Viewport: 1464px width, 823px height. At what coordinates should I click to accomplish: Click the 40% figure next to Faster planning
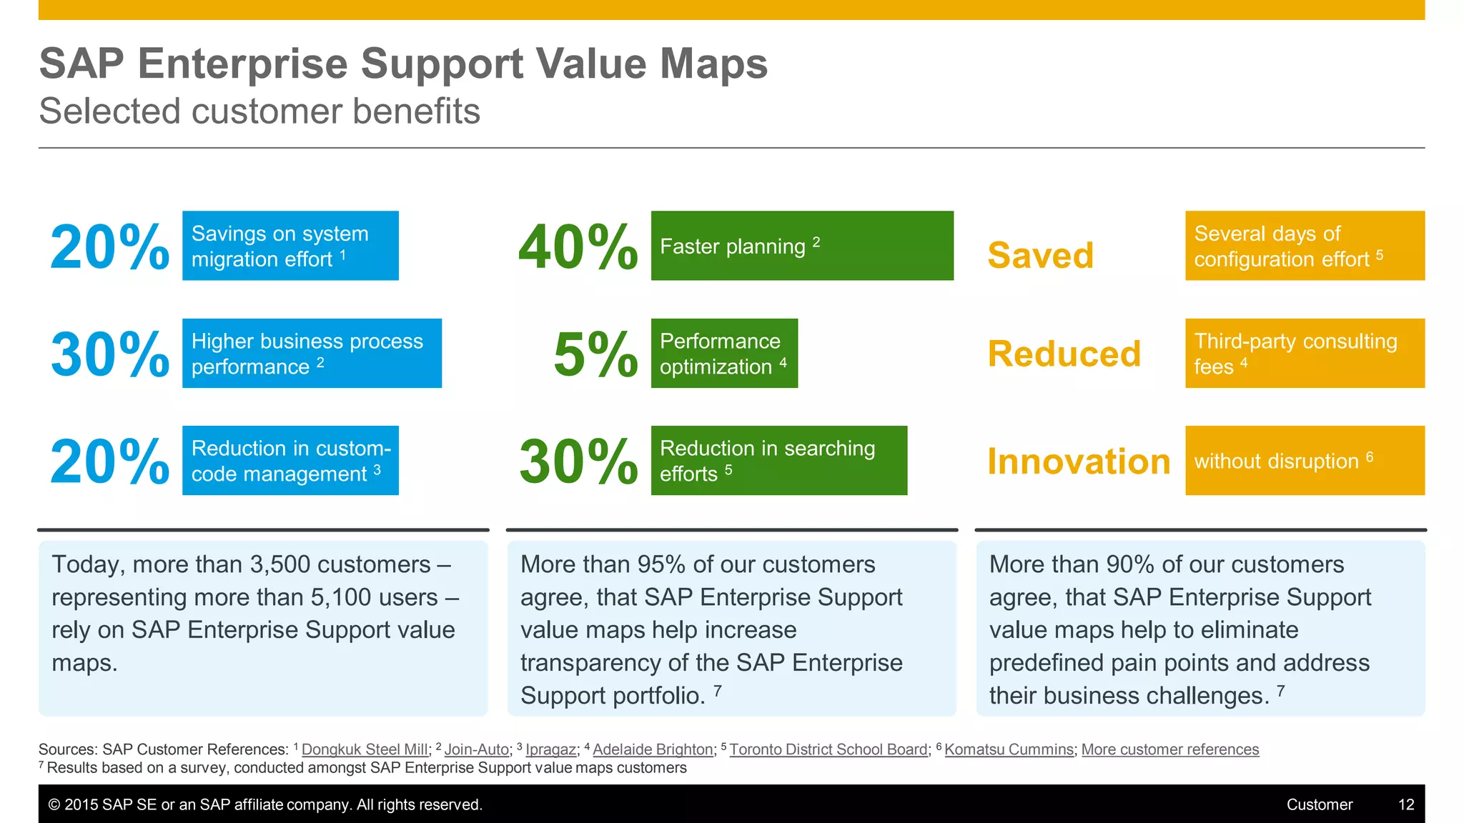pos(578,247)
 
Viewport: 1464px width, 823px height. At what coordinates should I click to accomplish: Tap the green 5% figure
pos(595,354)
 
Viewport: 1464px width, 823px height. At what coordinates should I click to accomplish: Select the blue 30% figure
pos(109,354)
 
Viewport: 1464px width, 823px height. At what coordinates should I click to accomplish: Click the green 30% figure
pos(578,462)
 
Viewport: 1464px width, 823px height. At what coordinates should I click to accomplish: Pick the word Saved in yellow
pos(1040,256)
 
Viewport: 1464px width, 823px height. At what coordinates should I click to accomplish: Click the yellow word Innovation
pos(1078,462)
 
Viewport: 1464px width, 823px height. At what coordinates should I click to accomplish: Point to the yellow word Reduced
pos(1064,354)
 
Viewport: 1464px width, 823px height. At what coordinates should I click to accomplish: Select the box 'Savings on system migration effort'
pos(290,246)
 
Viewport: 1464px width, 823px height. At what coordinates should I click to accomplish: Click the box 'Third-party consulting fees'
pos(1305,353)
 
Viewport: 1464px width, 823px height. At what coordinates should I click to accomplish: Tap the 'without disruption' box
pos(1305,461)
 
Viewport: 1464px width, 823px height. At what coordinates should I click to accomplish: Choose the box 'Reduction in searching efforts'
pos(778,461)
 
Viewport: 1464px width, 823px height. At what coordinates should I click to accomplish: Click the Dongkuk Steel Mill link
pos(365,749)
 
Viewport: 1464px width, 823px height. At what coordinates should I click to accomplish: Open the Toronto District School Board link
pos(828,749)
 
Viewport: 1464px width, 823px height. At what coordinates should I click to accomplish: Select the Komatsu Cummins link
pos(1009,749)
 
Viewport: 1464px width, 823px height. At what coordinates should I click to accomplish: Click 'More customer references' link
pos(1169,749)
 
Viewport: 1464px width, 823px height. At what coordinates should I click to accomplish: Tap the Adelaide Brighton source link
pos(653,749)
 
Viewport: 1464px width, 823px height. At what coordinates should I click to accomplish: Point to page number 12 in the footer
pos(1405,804)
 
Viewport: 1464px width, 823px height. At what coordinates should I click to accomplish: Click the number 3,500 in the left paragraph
pos(280,564)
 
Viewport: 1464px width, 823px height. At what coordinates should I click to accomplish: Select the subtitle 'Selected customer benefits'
pos(259,111)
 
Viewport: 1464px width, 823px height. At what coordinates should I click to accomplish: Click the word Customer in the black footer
pos(1319,804)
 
